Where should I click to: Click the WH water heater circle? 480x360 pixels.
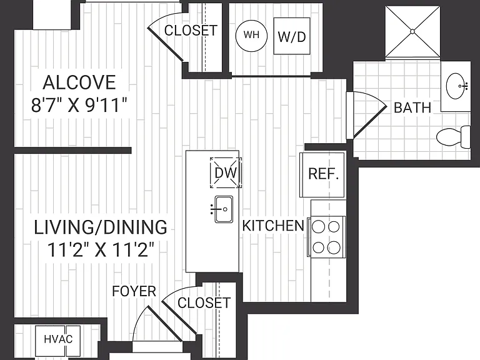(251, 36)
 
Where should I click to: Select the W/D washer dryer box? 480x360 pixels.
(291, 36)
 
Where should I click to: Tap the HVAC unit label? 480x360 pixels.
(58, 339)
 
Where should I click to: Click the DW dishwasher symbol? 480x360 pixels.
(226, 172)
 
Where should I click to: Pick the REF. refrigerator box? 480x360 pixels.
(322, 174)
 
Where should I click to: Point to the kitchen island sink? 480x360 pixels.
(223, 209)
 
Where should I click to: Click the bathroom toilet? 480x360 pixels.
(453, 137)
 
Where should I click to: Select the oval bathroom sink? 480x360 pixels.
(456, 86)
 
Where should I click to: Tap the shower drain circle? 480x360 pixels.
(412, 31)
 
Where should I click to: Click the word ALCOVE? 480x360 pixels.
(79, 82)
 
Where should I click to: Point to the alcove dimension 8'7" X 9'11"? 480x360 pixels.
(79, 105)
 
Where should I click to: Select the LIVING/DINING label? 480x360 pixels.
(101, 227)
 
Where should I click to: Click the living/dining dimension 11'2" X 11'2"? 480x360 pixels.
(101, 249)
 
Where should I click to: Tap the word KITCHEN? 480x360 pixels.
(273, 226)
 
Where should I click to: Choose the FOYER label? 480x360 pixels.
(134, 291)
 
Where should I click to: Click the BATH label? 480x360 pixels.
(412, 107)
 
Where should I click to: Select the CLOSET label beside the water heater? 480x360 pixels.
(191, 30)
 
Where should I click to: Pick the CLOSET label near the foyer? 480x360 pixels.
(204, 302)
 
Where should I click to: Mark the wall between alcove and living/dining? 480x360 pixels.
(72, 150)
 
